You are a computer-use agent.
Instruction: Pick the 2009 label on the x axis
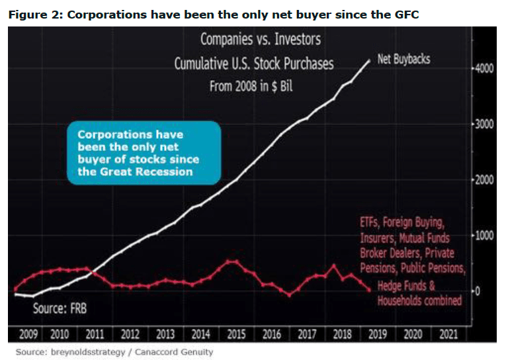pyautogui.click(x=28, y=334)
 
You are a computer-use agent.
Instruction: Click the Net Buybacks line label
pyautogui.click(x=403, y=60)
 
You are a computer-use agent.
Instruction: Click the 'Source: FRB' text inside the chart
pyautogui.click(x=60, y=308)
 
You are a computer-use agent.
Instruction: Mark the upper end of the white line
pyautogui.click(x=369, y=60)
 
